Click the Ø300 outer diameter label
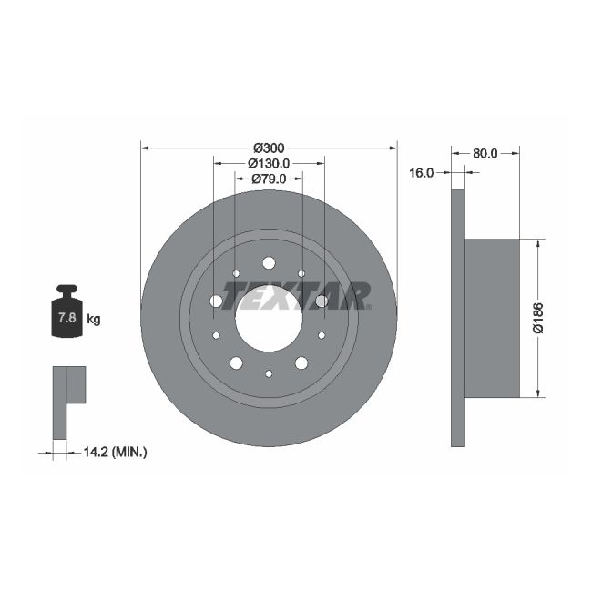(269, 148)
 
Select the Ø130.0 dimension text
(269, 163)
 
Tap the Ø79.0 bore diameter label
(269, 179)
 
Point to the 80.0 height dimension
(485, 153)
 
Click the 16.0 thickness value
(422, 171)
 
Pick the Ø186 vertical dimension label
(538, 318)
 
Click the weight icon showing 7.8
(66, 314)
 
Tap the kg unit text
(93, 319)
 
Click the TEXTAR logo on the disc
(296, 296)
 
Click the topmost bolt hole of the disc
(269, 263)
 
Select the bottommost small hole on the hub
(269, 373)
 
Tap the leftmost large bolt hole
(216, 301)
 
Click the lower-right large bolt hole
(301, 363)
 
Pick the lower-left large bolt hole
(236, 363)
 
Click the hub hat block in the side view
(492, 318)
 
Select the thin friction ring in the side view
(458, 318)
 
